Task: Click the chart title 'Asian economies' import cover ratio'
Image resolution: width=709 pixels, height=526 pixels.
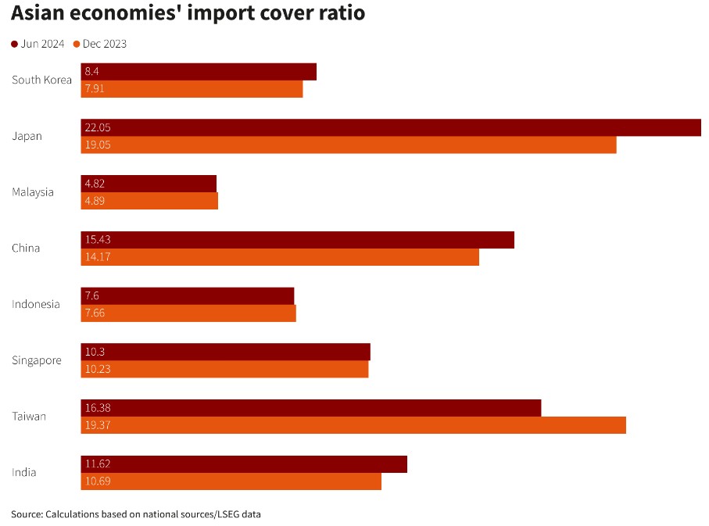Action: coord(188,14)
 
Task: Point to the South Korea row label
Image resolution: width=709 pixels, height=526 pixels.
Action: coord(41,80)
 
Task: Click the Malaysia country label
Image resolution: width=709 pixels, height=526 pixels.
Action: coord(33,191)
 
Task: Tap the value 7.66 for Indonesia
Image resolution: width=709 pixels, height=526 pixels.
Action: coord(95,313)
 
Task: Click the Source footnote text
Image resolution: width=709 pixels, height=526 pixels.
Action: coord(136,513)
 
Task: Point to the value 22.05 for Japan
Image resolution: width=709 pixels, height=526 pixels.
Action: coord(98,127)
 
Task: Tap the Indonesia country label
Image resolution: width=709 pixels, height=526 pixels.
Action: coord(35,304)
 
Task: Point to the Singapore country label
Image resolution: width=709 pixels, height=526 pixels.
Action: coord(36,360)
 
